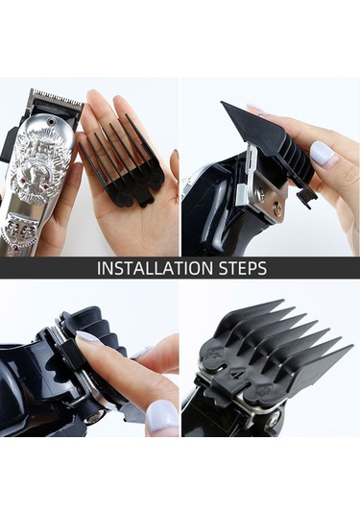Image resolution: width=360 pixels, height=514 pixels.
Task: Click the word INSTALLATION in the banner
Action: click(x=155, y=268)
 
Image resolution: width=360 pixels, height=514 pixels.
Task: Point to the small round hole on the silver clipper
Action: click(x=51, y=122)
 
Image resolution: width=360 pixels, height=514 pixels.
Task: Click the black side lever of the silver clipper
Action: click(x=7, y=147)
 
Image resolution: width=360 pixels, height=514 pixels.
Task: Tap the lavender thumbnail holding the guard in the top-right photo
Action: click(x=322, y=153)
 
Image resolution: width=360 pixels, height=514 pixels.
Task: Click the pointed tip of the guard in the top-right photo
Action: click(x=223, y=103)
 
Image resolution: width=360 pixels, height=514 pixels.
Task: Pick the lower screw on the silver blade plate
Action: click(x=278, y=208)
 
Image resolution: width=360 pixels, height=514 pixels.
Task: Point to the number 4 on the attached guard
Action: click(x=235, y=374)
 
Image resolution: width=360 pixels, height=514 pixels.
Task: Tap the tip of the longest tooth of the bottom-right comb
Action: click(x=351, y=346)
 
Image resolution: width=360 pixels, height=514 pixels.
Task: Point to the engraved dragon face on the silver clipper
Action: click(x=40, y=167)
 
